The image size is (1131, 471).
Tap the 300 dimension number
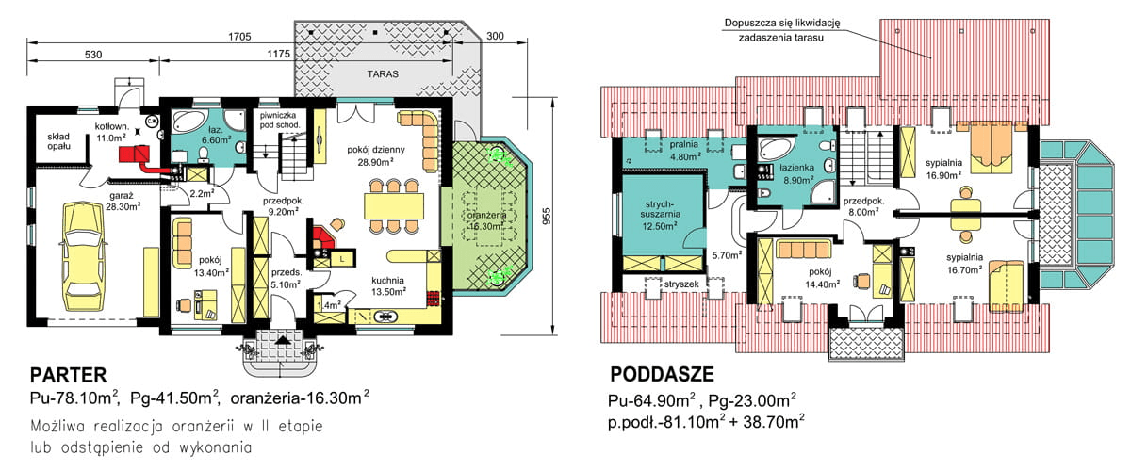[497, 37]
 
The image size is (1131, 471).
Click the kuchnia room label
[387, 280]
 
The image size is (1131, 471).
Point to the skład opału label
[58, 140]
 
